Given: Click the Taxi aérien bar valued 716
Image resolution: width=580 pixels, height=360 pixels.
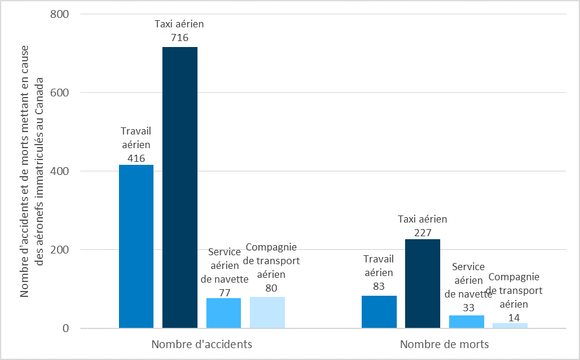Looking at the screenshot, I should tap(180, 187).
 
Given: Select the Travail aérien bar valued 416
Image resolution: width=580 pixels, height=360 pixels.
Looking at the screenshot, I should tap(136, 246).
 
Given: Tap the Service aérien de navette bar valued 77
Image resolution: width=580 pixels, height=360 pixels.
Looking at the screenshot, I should tap(224, 313).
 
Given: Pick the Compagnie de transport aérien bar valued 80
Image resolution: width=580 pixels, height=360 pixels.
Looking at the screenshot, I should tap(267, 312).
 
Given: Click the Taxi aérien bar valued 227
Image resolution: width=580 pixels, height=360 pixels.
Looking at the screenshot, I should tap(422, 283).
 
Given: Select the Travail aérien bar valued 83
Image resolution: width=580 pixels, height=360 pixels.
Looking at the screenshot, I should tap(379, 312).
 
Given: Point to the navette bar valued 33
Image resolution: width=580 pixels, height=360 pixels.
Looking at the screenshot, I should tap(466, 321).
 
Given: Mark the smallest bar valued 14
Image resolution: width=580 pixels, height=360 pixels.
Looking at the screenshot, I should tap(510, 325).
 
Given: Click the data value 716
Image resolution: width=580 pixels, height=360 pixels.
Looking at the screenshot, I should tap(180, 37).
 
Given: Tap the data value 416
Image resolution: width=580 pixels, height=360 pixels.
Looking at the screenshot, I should tap(136, 158).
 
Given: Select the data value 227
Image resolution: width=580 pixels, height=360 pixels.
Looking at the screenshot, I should tap(422, 232).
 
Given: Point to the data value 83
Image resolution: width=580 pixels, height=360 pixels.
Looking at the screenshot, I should tap(379, 286).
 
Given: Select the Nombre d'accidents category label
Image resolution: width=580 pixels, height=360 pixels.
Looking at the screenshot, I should tap(202, 345).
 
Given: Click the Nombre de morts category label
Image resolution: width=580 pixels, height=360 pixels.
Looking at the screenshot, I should tap(444, 345).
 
